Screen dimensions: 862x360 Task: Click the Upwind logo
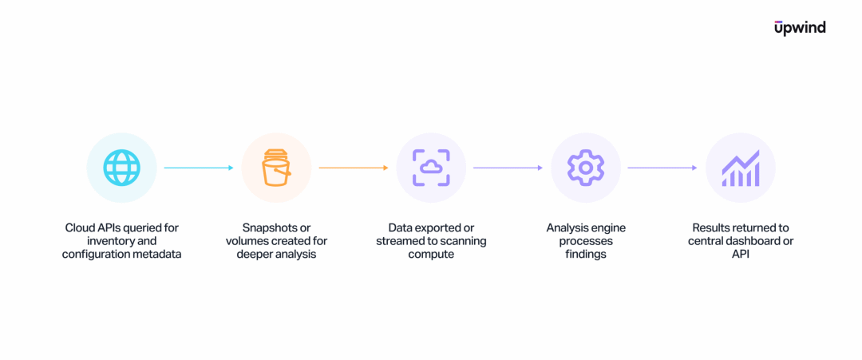coord(800,28)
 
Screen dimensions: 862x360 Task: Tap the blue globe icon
coord(121,168)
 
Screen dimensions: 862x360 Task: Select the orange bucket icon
coord(276,168)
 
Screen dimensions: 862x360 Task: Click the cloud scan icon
coord(431,168)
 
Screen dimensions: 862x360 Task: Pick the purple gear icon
coord(586,168)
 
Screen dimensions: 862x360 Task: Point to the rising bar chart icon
coord(741,168)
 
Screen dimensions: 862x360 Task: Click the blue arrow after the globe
coord(199,168)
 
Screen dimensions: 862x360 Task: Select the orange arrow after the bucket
coord(354,168)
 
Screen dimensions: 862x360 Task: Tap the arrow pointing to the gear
coord(508,168)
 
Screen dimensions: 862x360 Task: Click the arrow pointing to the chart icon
coord(662,168)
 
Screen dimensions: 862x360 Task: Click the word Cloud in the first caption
coord(78,227)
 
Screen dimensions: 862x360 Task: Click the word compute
coord(431,255)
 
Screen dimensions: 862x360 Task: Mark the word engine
coord(610,227)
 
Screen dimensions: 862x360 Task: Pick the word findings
coord(586,255)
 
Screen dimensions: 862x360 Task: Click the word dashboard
coord(749,241)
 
